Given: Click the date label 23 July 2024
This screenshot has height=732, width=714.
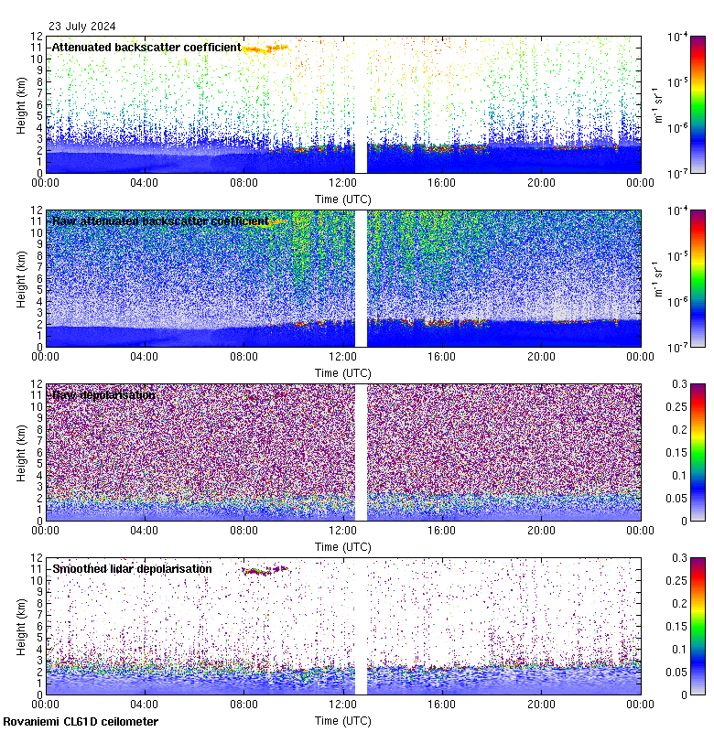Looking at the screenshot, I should tap(82, 26).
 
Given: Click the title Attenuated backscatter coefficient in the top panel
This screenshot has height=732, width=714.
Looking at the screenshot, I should tap(146, 47).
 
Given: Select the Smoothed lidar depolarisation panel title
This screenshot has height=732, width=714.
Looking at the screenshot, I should tap(132, 569).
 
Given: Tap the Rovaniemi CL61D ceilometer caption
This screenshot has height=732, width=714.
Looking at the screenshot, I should tap(81, 722).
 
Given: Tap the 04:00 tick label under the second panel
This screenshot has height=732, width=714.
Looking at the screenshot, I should tap(144, 356).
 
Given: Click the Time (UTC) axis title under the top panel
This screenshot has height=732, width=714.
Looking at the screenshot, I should tap(342, 199).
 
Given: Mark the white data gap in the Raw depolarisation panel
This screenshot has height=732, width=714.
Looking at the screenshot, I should tap(361, 452).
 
